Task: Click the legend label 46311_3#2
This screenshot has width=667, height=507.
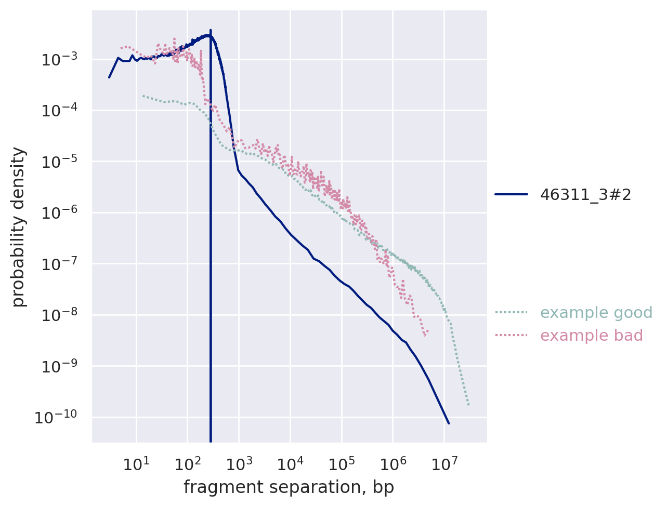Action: coord(585,194)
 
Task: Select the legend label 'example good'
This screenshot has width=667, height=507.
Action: coord(596,313)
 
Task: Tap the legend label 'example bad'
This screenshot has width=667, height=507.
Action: coord(591,336)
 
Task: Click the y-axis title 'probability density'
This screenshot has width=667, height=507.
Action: coord(19,227)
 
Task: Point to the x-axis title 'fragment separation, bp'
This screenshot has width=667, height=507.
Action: coord(289,487)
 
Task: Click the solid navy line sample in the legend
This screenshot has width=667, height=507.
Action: coord(511,194)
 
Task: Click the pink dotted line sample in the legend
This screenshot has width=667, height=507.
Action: coord(511,336)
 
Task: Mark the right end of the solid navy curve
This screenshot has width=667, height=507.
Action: coord(448,423)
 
